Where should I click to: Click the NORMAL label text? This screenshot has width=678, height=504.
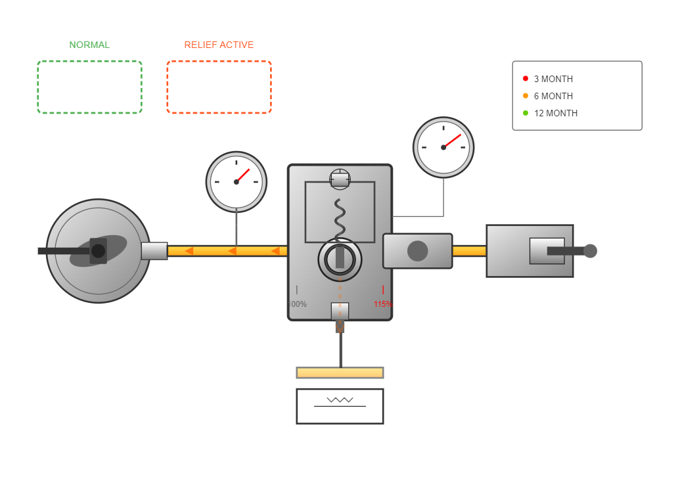89,45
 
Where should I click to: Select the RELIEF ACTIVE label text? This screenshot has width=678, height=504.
219,45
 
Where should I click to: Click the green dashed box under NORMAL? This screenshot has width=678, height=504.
89,87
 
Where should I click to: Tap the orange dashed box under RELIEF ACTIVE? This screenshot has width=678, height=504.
219,87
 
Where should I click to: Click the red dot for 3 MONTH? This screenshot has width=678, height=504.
526,78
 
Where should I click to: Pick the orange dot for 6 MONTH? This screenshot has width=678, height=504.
526,95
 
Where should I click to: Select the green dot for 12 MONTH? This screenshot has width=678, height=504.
526,112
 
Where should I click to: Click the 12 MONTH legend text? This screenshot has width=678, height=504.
556,113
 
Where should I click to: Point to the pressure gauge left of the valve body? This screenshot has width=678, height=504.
237,182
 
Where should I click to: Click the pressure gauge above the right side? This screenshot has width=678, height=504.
443,147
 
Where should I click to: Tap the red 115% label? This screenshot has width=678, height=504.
382,304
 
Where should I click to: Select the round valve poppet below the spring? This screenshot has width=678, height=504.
340,259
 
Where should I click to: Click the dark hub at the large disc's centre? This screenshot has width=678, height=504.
98,251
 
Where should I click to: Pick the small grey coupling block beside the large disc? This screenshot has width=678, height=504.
154,251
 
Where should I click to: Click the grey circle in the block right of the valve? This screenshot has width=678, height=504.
418,251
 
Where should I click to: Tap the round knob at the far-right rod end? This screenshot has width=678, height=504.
590,251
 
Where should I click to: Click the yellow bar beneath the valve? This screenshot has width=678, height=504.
340,373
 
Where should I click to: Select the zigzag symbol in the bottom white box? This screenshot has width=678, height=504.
340,400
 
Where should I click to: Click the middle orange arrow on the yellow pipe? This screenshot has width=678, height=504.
232,251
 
